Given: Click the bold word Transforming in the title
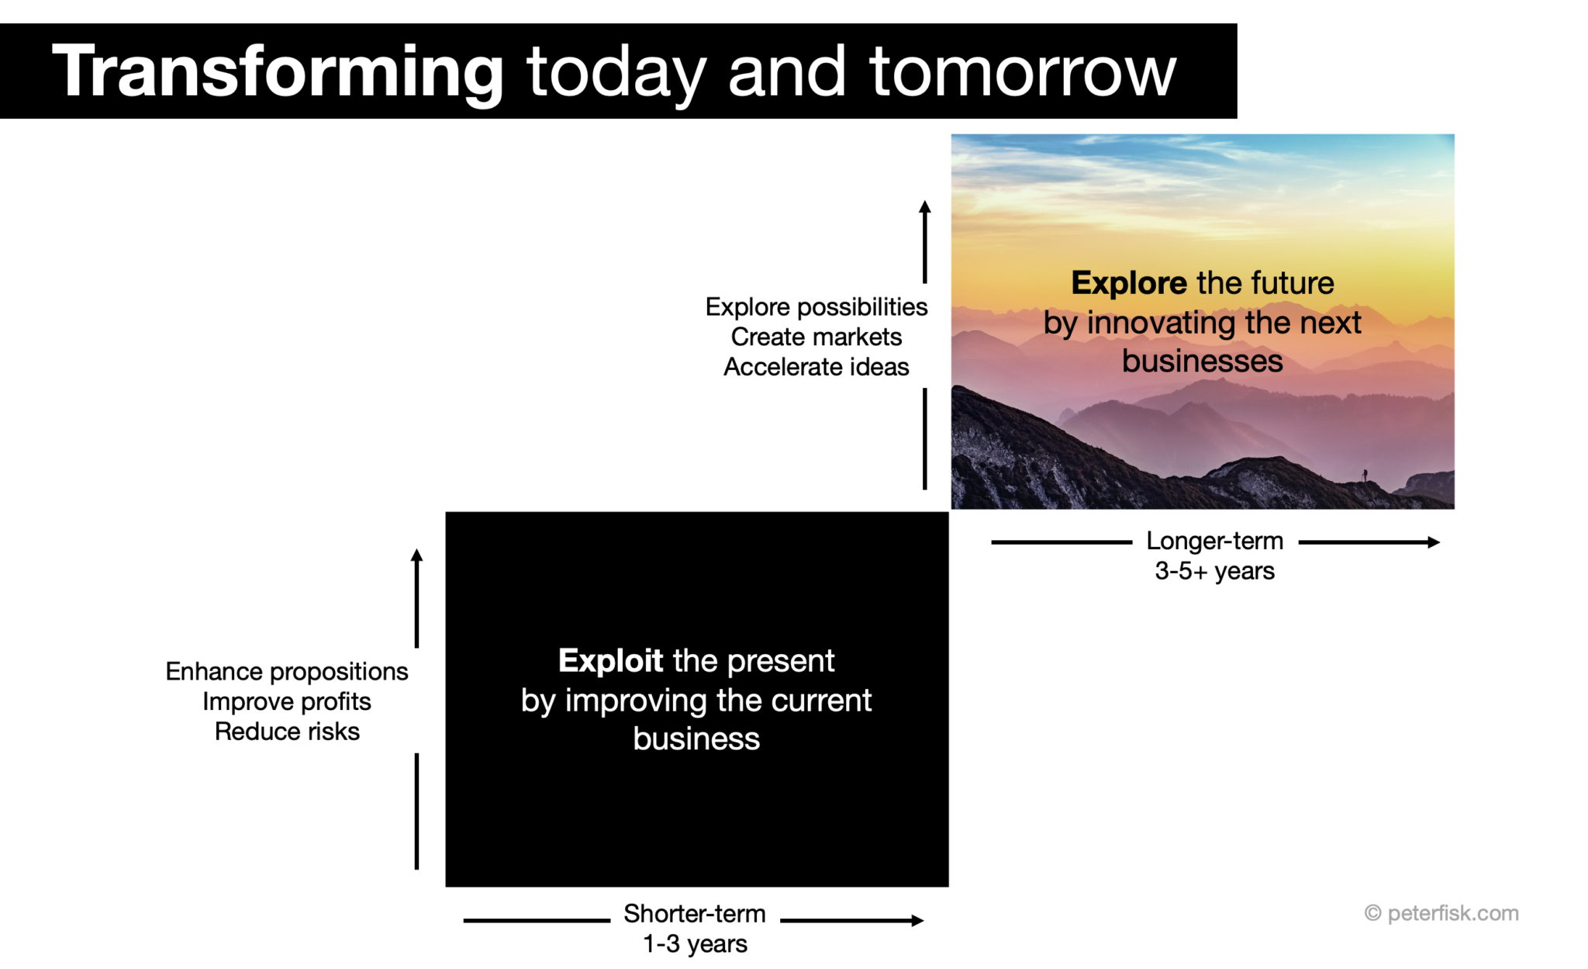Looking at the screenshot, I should click(x=278, y=71).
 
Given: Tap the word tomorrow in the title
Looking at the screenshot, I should click(x=1022, y=71).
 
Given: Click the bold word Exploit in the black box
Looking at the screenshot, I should click(x=610, y=661).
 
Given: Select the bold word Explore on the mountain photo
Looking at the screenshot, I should click(x=1128, y=283).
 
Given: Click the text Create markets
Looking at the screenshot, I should click(x=816, y=337).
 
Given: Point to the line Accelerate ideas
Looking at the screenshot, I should click(x=816, y=367).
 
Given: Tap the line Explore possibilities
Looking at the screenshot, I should click(x=816, y=307).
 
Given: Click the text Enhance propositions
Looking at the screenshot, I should click(x=286, y=672).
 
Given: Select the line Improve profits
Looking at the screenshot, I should click(x=286, y=702).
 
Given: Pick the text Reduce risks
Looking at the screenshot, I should click(x=286, y=732).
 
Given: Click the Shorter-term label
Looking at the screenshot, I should click(x=694, y=914).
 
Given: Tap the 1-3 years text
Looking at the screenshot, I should click(x=695, y=944).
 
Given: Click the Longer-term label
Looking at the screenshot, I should click(x=1214, y=541).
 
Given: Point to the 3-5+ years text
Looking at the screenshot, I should click(x=1214, y=571).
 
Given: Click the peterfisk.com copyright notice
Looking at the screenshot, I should click(x=1441, y=913).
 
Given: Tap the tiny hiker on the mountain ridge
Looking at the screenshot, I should click(x=1365, y=475).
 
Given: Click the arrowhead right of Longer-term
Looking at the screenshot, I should click(x=1434, y=542).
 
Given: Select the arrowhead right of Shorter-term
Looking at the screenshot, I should click(x=918, y=921).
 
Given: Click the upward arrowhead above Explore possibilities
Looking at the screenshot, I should click(x=924, y=206).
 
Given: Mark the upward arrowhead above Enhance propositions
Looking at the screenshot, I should click(x=416, y=555).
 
